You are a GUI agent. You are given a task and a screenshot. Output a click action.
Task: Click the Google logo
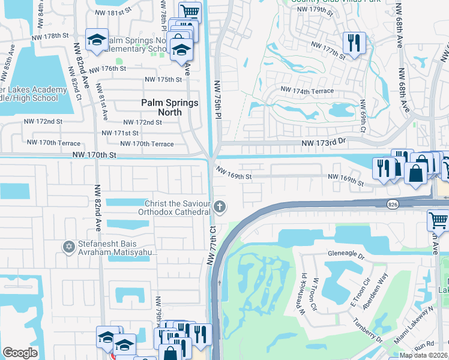point(20,353)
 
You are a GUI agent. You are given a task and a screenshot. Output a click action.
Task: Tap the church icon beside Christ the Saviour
point(220,208)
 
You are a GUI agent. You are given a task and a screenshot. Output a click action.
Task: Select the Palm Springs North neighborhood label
point(169,108)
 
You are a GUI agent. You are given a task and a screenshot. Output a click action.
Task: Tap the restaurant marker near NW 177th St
point(353,42)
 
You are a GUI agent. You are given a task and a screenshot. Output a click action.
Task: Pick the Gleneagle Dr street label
point(346,254)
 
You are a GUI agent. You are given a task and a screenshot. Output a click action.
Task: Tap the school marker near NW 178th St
point(96,39)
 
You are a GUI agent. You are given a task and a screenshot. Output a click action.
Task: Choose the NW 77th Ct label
point(212,247)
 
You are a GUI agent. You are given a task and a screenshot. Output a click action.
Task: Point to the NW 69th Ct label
point(364,117)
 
